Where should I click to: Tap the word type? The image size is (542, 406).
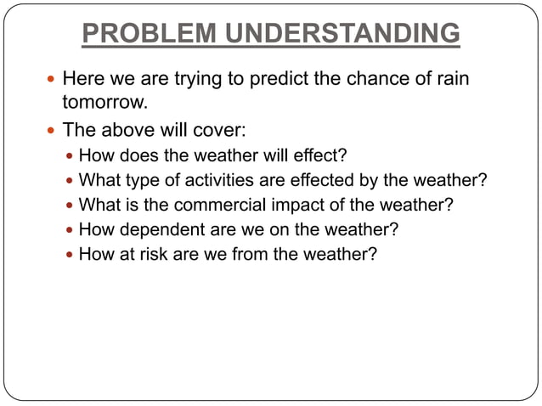pos(138,181)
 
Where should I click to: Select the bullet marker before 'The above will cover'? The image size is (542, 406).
pos(52,133)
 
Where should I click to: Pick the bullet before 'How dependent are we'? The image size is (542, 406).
pos(70,228)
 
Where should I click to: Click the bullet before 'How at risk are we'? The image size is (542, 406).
pos(70,252)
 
